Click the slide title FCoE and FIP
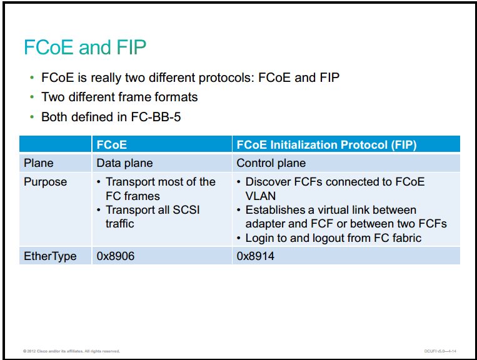tap(85, 47)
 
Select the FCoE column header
tap(112, 145)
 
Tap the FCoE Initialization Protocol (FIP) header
tap(326, 145)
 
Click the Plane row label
tap(39, 163)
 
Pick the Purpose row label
tap(46, 182)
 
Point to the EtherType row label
tap(50, 256)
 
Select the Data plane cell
tap(125, 163)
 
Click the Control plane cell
tap(271, 163)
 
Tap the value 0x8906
tap(116, 256)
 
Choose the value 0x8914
tap(256, 256)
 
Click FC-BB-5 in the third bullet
tap(156, 117)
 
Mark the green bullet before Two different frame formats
tap(32, 97)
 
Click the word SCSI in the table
tap(186, 210)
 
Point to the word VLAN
tap(261, 196)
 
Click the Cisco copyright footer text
tap(71, 351)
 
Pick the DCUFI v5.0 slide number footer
tap(440, 351)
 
